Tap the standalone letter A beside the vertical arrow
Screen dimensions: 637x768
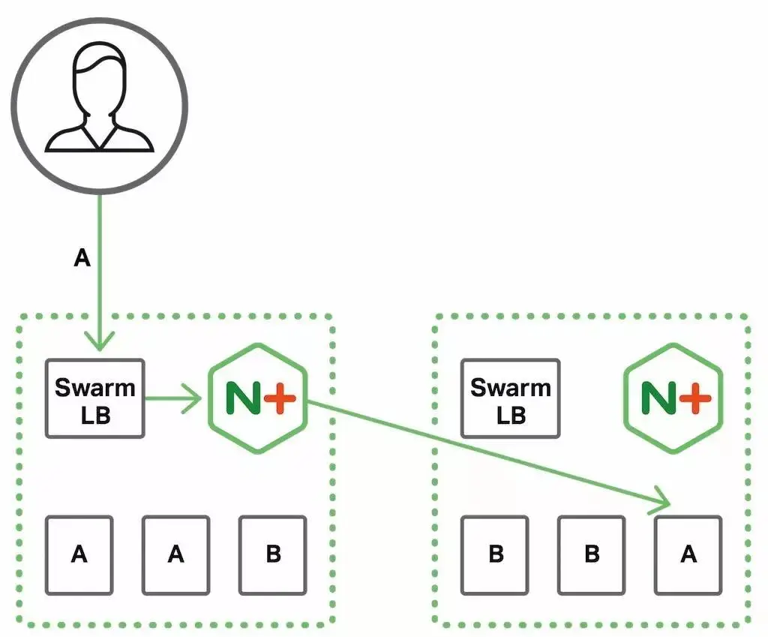tap(82, 259)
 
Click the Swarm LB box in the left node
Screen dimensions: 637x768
tap(94, 398)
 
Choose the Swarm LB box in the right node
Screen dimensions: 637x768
tap(510, 398)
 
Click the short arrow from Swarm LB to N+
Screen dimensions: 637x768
tap(173, 398)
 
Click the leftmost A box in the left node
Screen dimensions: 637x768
tap(79, 554)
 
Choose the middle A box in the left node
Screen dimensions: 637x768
tap(175, 554)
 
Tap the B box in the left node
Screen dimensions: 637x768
tap(273, 554)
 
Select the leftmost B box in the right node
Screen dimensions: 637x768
tap(495, 554)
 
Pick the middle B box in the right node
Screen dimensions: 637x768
tap(592, 554)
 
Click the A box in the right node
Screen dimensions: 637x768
tap(688, 554)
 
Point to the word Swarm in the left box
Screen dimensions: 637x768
tap(94, 388)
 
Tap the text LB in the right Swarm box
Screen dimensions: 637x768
tap(510, 414)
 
